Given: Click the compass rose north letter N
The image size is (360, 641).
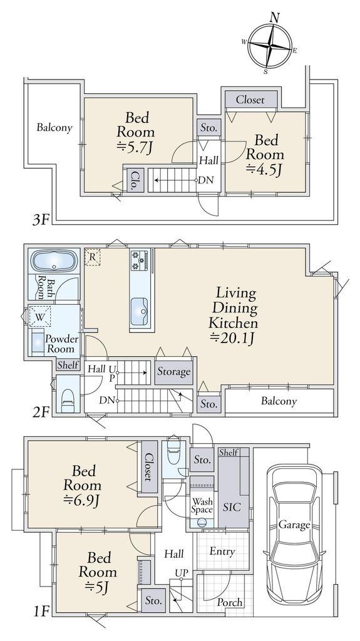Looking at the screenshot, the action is coord(275,18).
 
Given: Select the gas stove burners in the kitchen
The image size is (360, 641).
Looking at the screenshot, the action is coord(140,260).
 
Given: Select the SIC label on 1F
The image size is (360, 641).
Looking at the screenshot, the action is coord(232,507).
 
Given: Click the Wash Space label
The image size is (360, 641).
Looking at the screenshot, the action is coord(202,505).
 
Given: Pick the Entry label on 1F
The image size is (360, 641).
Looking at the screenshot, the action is coord(222,551).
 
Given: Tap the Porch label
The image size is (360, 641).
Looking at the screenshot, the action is coord(230,602).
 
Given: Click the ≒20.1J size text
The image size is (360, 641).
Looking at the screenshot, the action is coord(233,337).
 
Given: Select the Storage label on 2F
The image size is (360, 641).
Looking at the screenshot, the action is coord(174,372).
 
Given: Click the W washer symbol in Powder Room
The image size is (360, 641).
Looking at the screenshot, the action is coord(39,316).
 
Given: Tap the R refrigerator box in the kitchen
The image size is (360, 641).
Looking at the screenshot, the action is coord(93,257).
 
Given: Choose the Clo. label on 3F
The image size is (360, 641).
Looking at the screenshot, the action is coord(133,180).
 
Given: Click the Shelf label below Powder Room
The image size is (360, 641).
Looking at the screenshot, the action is coord(68,365).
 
